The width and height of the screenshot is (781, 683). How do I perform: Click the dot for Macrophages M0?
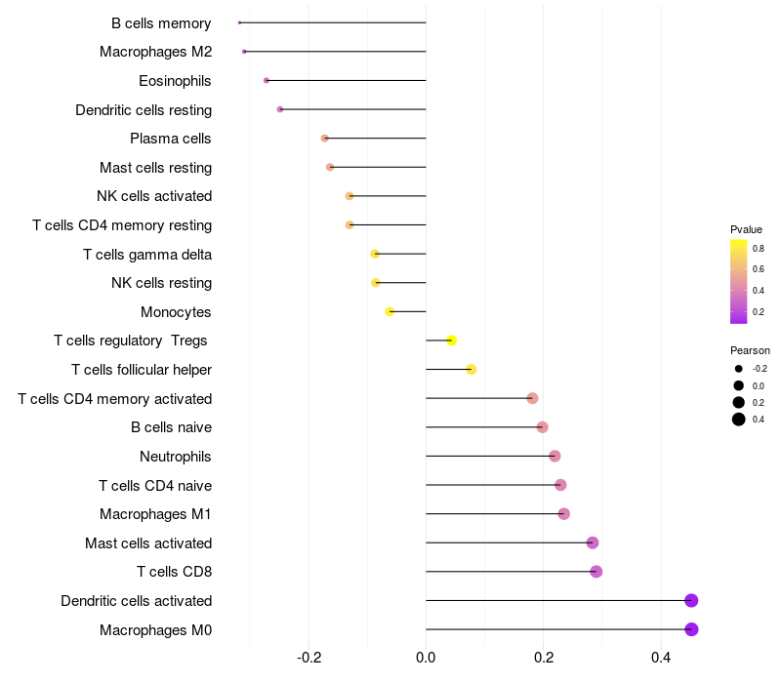tap(691, 629)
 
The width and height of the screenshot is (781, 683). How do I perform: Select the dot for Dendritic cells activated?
tap(691, 600)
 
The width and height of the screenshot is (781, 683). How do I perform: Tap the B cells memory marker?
tap(239, 22)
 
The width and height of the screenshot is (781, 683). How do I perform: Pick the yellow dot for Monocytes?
tap(390, 311)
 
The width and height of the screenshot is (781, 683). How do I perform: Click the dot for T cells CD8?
tap(596, 572)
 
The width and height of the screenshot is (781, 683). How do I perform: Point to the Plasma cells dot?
tap(325, 138)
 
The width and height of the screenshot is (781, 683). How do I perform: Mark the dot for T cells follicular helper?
tap(472, 370)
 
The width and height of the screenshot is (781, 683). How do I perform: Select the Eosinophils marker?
tap(266, 80)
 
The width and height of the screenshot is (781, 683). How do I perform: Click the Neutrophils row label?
tap(176, 457)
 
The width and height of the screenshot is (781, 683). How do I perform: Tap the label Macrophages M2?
tap(156, 52)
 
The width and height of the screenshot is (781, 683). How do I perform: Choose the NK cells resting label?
tap(162, 283)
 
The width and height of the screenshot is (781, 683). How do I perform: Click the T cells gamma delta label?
tap(147, 255)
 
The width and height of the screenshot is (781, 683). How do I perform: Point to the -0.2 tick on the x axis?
tap(308, 658)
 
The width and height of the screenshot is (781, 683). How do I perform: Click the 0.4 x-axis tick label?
tap(661, 658)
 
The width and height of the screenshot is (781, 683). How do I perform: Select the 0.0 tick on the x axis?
tap(426, 658)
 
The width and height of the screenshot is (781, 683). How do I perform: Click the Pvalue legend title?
tap(746, 229)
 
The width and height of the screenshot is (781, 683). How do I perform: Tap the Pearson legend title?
tap(750, 350)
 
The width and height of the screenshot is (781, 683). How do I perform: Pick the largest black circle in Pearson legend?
tap(739, 420)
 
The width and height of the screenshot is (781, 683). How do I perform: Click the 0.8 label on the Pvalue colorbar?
tap(759, 249)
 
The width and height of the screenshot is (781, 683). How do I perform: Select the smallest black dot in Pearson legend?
tap(739, 369)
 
